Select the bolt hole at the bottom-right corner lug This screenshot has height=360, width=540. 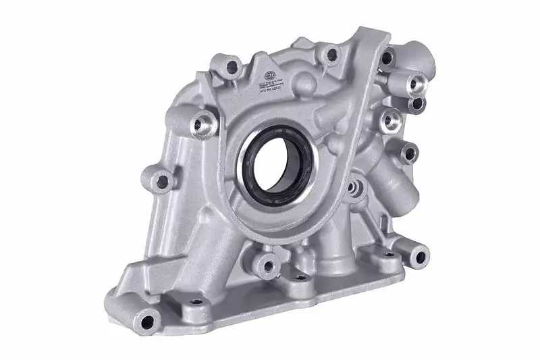pyautogui.click(x=420, y=255)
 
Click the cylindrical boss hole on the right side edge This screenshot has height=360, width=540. pyautogui.click(x=408, y=153)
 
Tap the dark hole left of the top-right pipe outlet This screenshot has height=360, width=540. pyautogui.click(x=387, y=57)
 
